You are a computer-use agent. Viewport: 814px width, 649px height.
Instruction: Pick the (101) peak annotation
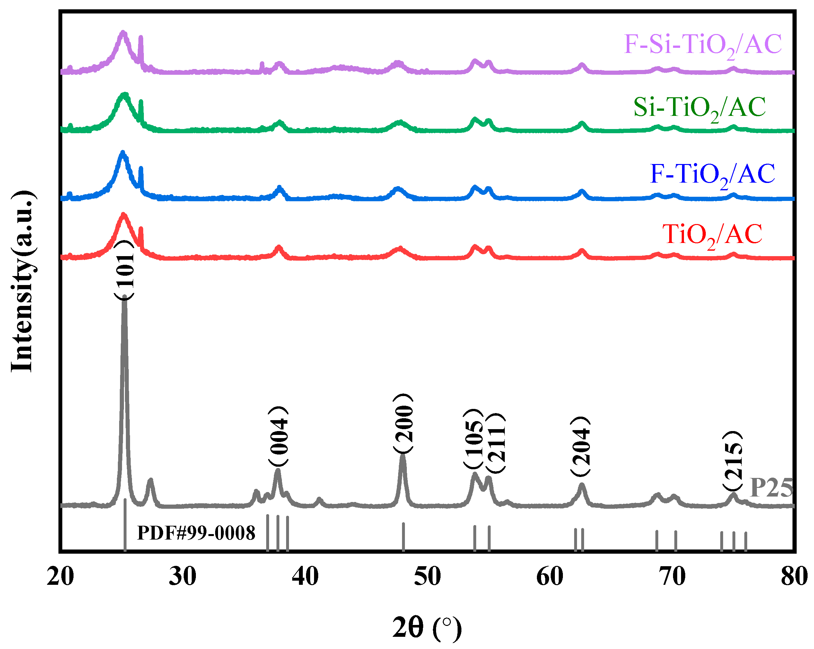click(x=124, y=270)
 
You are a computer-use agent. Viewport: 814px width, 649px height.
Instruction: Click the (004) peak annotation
click(x=278, y=436)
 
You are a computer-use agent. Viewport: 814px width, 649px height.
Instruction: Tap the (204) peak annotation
click(x=580, y=447)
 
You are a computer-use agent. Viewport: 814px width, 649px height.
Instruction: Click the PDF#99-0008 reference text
click(x=196, y=533)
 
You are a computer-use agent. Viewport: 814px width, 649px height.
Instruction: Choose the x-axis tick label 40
click(x=305, y=576)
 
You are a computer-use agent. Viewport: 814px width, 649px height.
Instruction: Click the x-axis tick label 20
click(x=60, y=576)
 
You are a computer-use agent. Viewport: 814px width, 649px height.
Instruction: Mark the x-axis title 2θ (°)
click(x=427, y=627)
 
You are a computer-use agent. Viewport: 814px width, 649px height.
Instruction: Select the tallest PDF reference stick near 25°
click(x=125, y=524)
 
